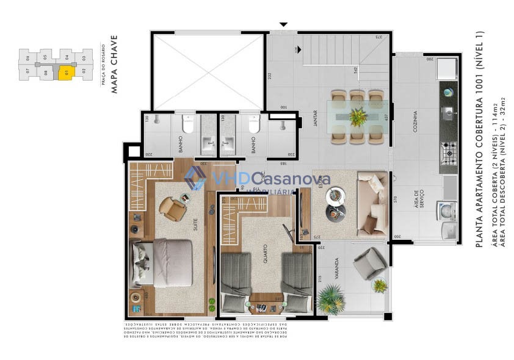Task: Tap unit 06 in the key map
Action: coord(28,58)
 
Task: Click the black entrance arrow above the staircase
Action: coord(283,25)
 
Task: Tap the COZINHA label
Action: coord(415,122)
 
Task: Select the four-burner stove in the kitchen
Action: coord(449,150)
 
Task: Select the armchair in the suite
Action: coord(173,207)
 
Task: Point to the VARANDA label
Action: coord(336,268)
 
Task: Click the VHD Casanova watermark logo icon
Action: coord(195,178)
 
